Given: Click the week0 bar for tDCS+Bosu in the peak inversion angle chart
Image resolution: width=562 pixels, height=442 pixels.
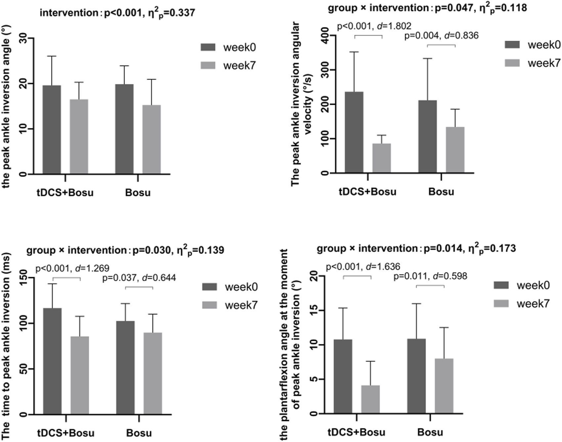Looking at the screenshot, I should tap(52, 129).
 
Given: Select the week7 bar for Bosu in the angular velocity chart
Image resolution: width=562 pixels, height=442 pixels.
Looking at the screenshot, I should tap(455, 150).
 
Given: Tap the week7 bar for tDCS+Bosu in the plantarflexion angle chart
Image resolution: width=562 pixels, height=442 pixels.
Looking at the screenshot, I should tap(370, 399).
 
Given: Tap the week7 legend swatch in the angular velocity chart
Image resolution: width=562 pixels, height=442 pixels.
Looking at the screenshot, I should tap(512, 63).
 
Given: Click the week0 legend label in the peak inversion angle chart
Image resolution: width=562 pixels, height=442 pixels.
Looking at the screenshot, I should tap(239, 48).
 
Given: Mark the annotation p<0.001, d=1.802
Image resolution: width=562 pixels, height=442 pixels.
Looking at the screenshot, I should tap(374, 26).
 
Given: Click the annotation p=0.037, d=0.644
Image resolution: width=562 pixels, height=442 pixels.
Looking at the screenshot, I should tap(139, 278).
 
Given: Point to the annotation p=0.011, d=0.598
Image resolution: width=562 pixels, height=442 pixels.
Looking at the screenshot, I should tap(430, 276).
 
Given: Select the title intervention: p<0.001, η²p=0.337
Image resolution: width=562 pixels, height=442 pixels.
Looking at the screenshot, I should tap(117, 13).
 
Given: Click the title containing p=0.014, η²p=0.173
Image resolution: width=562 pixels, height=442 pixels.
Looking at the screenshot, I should tap(416, 248).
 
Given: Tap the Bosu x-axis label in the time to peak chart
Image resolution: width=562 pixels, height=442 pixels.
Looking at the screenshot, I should tap(139, 433).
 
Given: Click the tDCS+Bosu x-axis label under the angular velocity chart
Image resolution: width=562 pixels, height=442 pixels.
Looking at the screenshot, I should tap(367, 192).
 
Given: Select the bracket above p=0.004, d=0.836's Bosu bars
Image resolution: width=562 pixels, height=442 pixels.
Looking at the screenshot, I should tap(441, 45).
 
